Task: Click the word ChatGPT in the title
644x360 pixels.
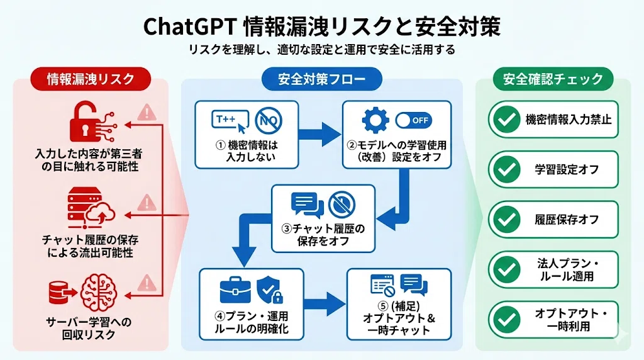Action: coord(189,27)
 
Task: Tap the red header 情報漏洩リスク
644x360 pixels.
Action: coord(91,79)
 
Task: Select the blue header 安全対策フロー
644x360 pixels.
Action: coord(322,79)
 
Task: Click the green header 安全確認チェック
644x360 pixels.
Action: coord(553,79)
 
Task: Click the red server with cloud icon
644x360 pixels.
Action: coord(91,208)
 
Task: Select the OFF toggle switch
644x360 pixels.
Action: coord(414,120)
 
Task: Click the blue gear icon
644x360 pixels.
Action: coord(375,120)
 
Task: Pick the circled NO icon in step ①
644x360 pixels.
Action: coord(269,121)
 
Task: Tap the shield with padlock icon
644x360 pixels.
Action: coord(270,290)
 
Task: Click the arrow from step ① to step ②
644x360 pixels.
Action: coord(320,135)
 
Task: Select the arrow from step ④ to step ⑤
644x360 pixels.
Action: coord(325,304)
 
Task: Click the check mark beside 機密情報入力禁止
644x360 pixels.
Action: coord(506,119)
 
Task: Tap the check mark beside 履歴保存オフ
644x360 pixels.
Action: coord(506,220)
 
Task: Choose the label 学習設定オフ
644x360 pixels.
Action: coord(567,169)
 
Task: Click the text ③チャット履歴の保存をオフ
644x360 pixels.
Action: coord(323,235)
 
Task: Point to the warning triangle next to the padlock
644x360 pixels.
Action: coord(147,112)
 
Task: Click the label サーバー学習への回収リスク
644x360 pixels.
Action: coord(89,329)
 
